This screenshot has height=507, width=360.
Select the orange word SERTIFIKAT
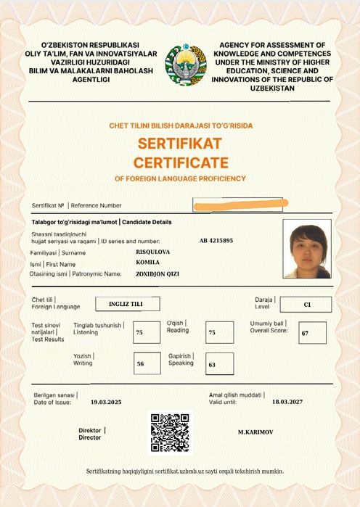(179, 141)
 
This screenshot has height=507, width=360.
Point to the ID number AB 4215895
(216, 240)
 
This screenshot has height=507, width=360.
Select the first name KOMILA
(148, 262)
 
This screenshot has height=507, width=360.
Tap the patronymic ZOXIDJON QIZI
(157, 273)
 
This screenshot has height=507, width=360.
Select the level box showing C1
(306, 304)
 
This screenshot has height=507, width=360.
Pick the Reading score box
(219, 333)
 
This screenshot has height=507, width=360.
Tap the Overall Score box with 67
(312, 333)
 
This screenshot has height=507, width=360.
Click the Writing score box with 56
(147, 364)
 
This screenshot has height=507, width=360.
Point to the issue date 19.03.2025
(107, 401)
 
